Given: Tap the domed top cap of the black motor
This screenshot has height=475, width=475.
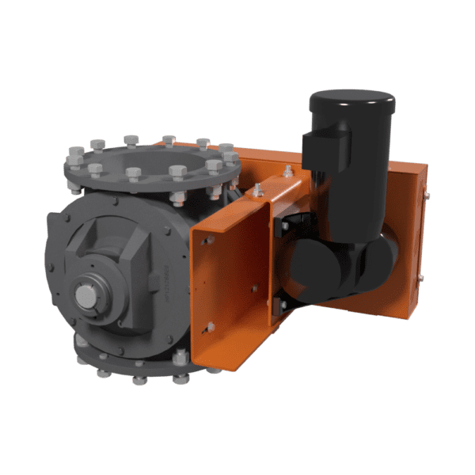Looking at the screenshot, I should [x=351, y=101].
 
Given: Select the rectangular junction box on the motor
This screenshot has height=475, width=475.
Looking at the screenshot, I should [x=325, y=150].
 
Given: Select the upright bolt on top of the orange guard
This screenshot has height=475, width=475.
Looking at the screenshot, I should [x=258, y=190].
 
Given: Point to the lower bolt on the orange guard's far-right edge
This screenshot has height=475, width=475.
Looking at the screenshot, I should [x=420, y=277].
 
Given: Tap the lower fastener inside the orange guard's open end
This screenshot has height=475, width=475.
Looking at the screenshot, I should [x=210, y=326].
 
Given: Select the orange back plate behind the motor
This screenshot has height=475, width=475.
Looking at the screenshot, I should [x=407, y=237].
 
